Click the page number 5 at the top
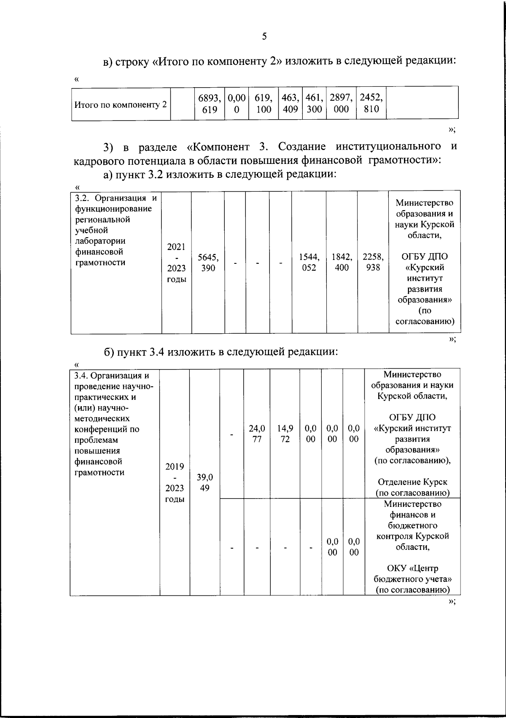pos(264,36)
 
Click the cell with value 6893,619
pos(210,104)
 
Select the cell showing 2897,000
pos(341,104)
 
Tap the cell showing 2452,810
pos(371,104)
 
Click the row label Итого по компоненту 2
pos(121,104)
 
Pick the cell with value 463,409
pos(290,104)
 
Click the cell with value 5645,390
pos(208,262)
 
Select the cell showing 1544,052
pos(309,262)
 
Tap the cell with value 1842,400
pos(342,262)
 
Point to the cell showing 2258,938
pos(373,262)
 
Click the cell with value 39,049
pos(205,482)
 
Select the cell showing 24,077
pos(257,434)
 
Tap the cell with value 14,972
pos(285,434)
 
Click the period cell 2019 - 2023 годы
pos(175,482)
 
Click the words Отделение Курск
pos(412,482)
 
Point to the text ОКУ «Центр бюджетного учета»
pos(412,573)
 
